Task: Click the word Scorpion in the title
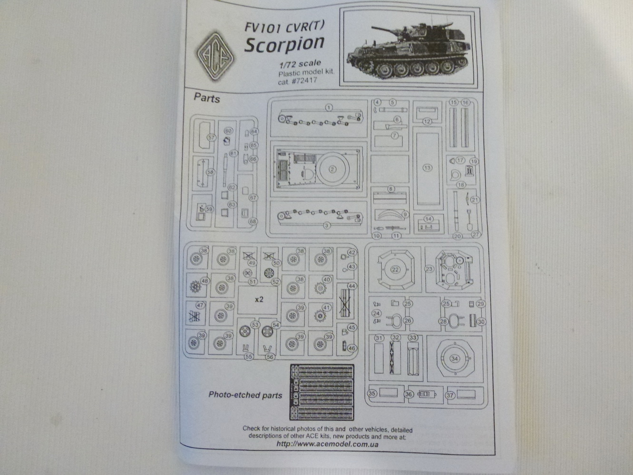tap(284, 44)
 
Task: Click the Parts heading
tap(206, 99)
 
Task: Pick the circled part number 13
tap(427, 168)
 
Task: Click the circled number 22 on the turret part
tap(395, 269)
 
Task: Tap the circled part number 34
tap(454, 359)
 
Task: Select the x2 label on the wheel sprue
tap(259, 299)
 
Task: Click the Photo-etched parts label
tap(245, 395)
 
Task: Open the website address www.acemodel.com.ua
tap(327, 444)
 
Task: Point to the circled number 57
tap(212, 137)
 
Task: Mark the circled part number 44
tap(351, 286)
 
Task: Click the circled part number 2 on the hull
tap(332, 169)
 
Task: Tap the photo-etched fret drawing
tap(322, 392)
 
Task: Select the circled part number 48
tap(205, 281)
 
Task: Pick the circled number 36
tap(409, 394)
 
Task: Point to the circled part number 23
tap(429, 269)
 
